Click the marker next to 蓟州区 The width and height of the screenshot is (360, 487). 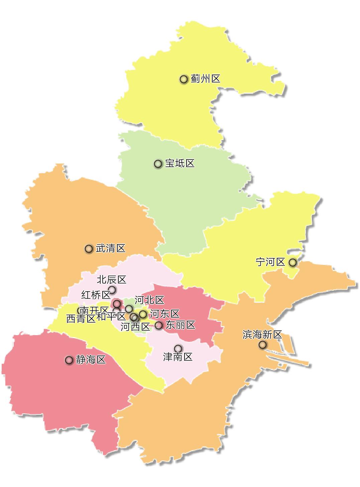184,79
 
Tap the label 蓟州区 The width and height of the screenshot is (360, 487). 206,79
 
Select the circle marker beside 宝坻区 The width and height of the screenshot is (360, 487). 158,164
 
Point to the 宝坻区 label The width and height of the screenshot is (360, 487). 180,164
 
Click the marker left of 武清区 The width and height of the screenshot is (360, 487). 89,249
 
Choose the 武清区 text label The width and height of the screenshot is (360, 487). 111,249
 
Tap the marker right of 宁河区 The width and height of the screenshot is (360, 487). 293,263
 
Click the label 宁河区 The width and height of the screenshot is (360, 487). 270,262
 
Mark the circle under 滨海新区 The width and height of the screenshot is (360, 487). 263,345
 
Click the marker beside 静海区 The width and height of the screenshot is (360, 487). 69,360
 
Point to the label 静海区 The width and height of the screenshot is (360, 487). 91,360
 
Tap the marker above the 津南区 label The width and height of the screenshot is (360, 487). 178,349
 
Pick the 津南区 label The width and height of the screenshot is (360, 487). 178,357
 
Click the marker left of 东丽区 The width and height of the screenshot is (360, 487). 159,325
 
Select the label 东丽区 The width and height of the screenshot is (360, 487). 181,325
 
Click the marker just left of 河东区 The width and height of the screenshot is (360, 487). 143,314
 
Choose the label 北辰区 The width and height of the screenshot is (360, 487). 112,280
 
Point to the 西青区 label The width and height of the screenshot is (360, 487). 81,319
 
